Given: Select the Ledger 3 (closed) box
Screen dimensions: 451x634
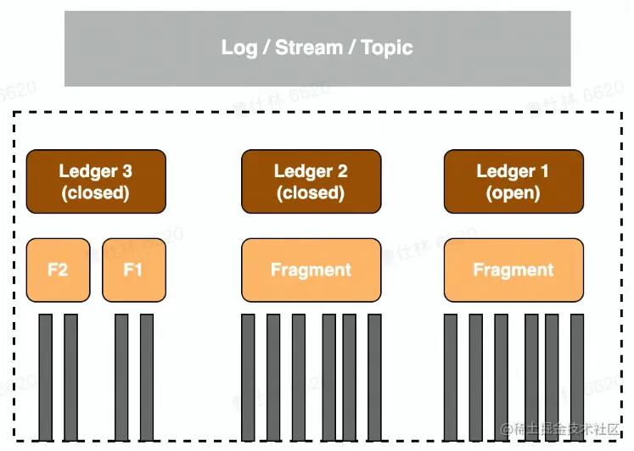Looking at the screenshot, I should (x=96, y=181).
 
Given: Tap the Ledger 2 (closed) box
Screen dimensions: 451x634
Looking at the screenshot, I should (x=311, y=181).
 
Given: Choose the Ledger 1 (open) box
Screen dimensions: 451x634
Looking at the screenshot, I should (x=513, y=181).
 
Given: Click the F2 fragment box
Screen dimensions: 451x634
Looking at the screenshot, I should (x=58, y=270).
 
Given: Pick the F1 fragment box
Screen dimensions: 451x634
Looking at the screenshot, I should (x=133, y=270).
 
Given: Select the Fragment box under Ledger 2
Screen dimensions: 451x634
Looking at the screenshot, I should (x=311, y=270).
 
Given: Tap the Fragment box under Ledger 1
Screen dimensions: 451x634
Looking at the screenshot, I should (x=513, y=270).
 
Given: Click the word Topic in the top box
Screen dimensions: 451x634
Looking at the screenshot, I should (x=386, y=47).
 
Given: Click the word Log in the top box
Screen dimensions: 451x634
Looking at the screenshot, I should (x=239, y=47).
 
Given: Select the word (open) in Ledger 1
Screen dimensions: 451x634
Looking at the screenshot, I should (x=513, y=193).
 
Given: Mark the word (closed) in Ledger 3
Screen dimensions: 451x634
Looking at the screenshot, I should (x=96, y=193).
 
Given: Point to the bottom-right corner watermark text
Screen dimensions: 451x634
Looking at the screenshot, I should (x=561, y=430).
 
